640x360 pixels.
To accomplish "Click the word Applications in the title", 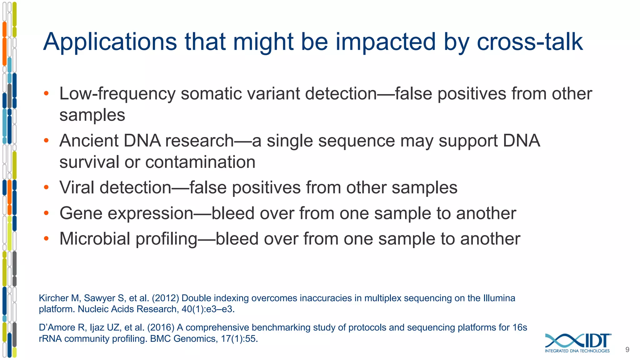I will [x=110, y=42].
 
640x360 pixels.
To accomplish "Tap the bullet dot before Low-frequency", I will [x=46, y=93].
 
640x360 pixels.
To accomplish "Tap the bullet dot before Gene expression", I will [x=46, y=213].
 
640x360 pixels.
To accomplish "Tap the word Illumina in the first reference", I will [x=499, y=298].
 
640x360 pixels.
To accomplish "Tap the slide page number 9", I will [x=627, y=350].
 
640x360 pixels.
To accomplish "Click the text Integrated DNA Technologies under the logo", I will [x=577, y=351].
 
